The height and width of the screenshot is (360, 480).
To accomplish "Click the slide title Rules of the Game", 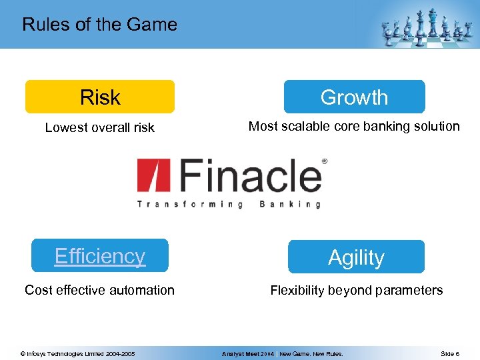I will coord(99,25).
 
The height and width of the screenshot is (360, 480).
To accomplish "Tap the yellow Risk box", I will coord(100,97).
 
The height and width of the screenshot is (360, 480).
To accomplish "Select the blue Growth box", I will coord(354,97).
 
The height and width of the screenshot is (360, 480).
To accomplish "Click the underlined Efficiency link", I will coord(100,256).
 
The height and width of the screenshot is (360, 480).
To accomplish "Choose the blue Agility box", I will coord(356,257).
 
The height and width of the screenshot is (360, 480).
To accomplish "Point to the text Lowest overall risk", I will coord(99,127).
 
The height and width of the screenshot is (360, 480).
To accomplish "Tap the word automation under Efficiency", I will coord(142,290).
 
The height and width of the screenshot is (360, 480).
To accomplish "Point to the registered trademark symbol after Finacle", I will coord(325,161).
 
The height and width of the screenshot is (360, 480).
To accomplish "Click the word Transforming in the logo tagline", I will coord(189,204).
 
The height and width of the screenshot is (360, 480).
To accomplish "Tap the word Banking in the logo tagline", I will coord(289,204).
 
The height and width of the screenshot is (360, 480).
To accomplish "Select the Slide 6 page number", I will coord(449,354).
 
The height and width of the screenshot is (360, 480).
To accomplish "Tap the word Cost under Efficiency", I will coord(37,290).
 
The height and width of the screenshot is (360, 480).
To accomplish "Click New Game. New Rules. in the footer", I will coord(311,354).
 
